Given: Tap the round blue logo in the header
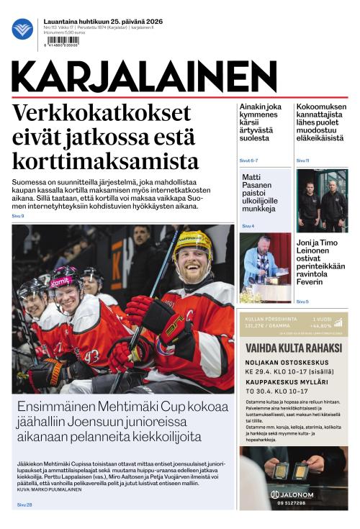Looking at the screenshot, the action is pos(22,29).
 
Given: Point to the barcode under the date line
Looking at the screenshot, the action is pos(62,41).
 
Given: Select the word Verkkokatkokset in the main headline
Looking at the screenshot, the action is pos(102,114).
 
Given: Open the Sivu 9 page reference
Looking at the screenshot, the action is pos(17,216).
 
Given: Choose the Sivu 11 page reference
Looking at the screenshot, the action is pos(302,160).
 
